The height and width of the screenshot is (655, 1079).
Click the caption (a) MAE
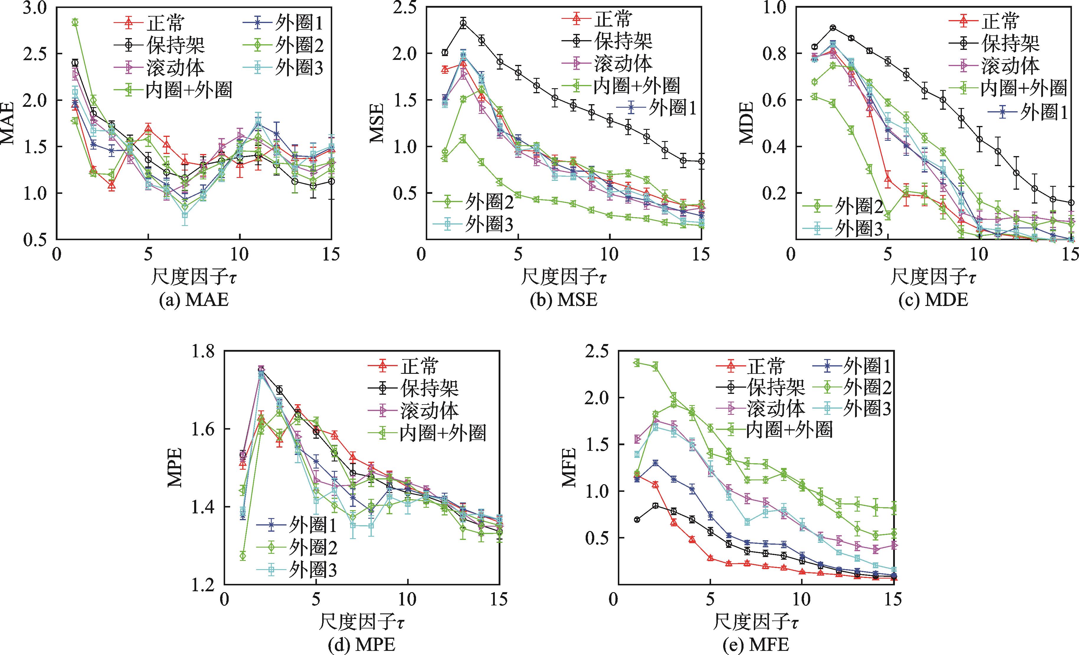click(194, 300)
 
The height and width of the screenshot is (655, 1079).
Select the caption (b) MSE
click(563, 300)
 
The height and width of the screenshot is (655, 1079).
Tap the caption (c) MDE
click(933, 300)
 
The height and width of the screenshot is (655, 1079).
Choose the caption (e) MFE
click(756, 645)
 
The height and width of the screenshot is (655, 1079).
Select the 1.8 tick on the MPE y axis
click(203, 352)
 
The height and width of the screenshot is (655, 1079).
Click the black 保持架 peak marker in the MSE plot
click(463, 23)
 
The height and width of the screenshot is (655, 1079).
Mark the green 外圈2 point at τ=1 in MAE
click(75, 22)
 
